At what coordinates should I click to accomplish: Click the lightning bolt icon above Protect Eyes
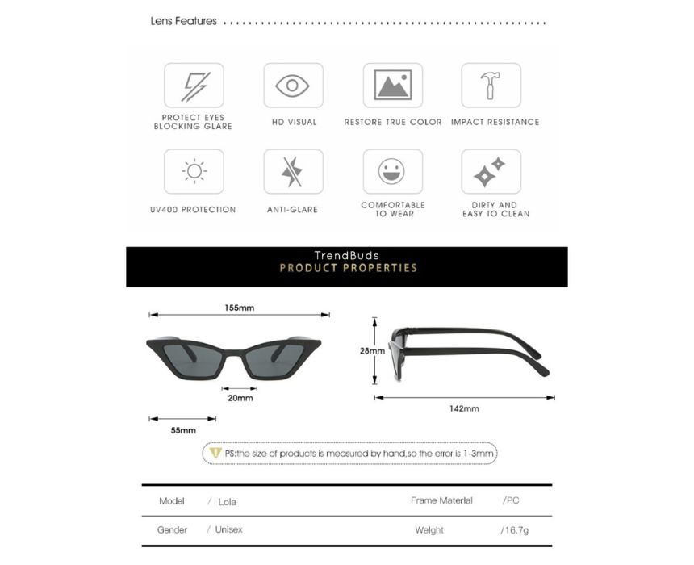194,86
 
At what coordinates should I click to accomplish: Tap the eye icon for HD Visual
293,86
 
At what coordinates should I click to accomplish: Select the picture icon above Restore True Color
392,86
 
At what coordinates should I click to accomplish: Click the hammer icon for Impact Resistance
491,86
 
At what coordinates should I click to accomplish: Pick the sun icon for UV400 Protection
194,171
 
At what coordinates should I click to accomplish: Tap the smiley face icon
392,171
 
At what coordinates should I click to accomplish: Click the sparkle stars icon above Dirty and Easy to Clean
491,171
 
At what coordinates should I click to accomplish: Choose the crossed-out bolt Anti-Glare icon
293,171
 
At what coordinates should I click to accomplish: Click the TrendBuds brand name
346,256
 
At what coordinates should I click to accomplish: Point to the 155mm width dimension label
240,308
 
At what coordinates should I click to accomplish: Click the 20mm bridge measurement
240,398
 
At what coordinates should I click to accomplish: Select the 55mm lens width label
183,430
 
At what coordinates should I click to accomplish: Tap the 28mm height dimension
371,351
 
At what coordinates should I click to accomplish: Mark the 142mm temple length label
464,408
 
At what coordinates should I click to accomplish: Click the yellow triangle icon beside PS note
215,453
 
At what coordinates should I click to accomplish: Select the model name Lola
227,501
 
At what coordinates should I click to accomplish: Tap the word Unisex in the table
228,529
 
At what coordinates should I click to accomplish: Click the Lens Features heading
184,21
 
